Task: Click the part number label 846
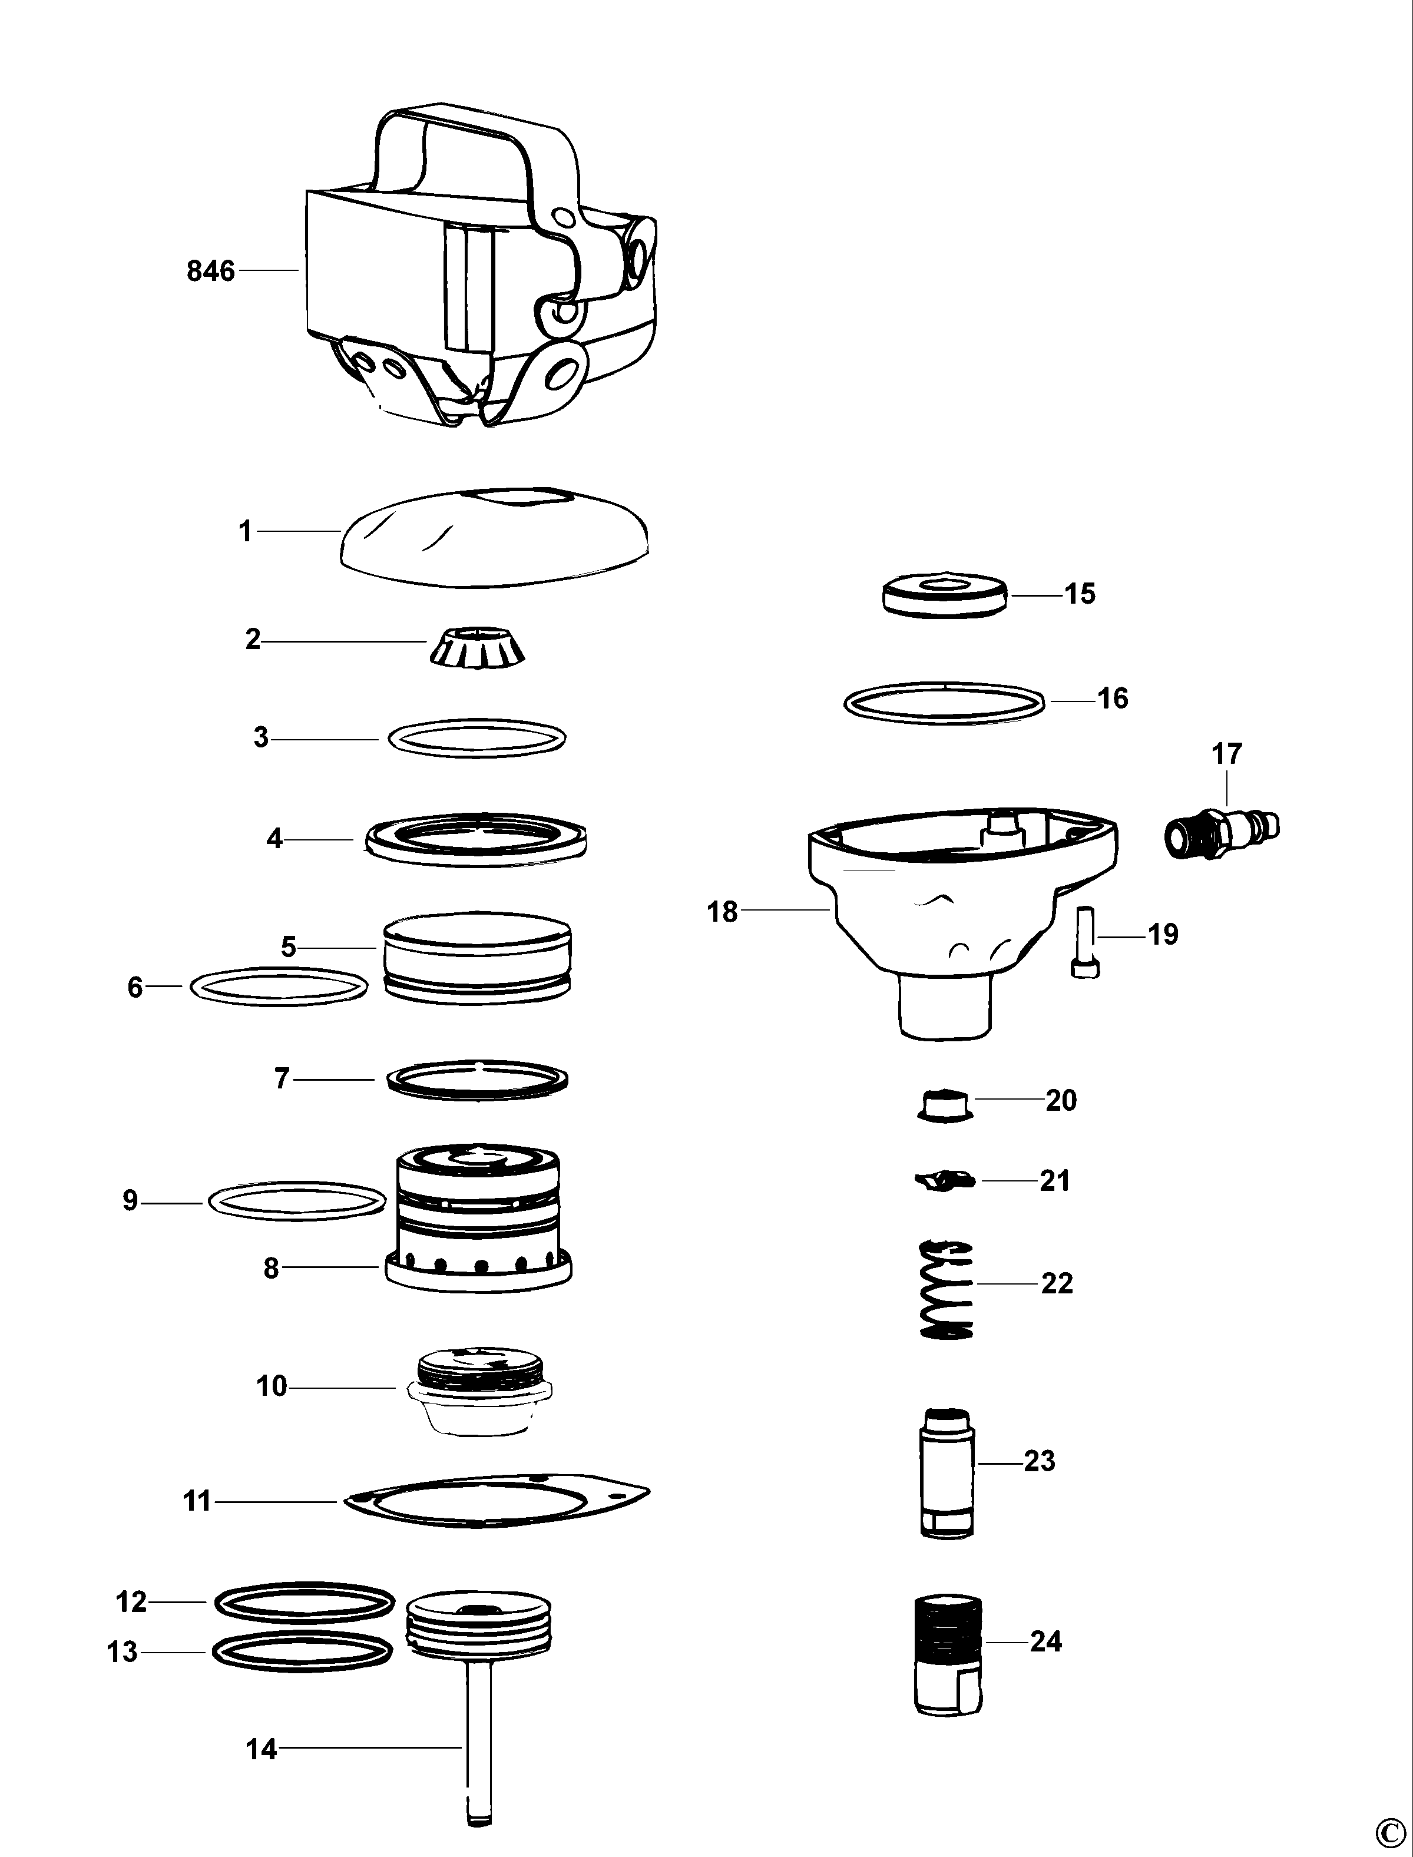pyautogui.click(x=210, y=271)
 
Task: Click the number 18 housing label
pyautogui.click(x=722, y=911)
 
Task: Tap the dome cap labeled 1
pyautogui.click(x=497, y=535)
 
